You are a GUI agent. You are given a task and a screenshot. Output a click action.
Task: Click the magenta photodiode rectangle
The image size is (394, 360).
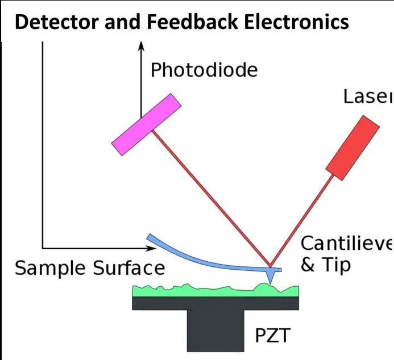[x=146, y=124]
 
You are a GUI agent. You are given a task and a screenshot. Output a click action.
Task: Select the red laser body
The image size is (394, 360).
[x=352, y=148]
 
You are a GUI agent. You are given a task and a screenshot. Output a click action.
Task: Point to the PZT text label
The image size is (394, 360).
[x=271, y=336]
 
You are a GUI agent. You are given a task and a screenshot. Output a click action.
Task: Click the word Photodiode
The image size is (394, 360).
[x=204, y=70]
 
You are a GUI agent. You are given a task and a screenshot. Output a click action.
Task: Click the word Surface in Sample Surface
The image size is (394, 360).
[x=128, y=268]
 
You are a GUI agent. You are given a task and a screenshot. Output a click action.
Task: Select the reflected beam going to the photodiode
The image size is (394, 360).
[x=210, y=199]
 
